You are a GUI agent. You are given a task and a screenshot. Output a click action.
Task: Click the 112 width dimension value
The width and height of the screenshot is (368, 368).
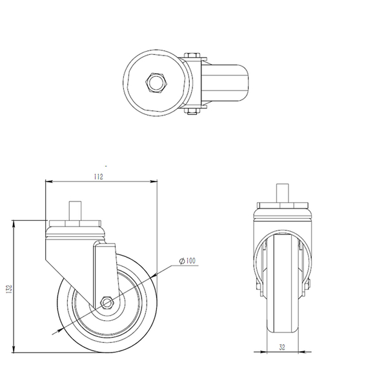(98, 176)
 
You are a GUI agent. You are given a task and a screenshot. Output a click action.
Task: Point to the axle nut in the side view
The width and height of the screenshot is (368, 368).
(107, 302)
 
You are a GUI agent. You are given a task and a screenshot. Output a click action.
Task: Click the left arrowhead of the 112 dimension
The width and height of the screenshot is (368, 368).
(47, 182)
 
